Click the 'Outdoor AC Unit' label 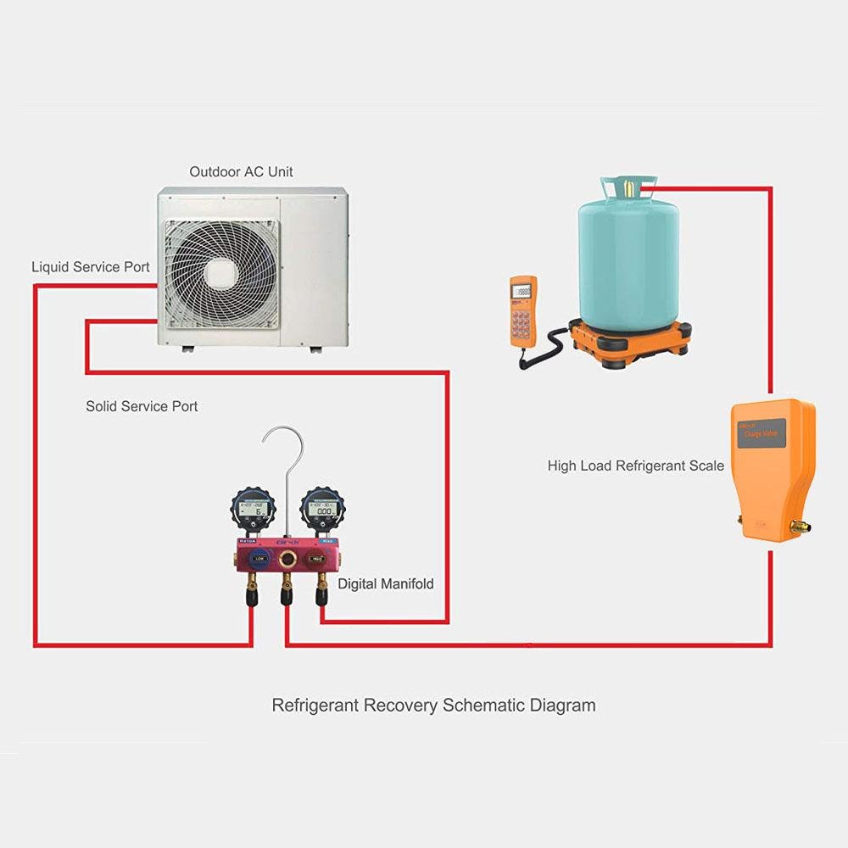pyautogui.click(x=241, y=172)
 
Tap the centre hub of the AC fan pyautogui.click(x=220, y=272)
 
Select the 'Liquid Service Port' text pyautogui.click(x=91, y=267)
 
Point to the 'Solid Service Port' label pyautogui.click(x=142, y=406)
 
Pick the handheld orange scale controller pyautogui.click(x=522, y=310)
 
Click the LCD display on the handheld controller pyautogui.click(x=524, y=290)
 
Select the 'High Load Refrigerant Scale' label pyautogui.click(x=635, y=466)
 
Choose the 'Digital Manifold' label pyautogui.click(x=385, y=584)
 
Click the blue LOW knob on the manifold pyautogui.click(x=258, y=558)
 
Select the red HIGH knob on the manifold pyautogui.click(x=315, y=558)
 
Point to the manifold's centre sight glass pyautogui.click(x=287, y=558)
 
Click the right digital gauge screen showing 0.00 pyautogui.click(x=323, y=511)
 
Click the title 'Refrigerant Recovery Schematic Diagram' pyautogui.click(x=433, y=706)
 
